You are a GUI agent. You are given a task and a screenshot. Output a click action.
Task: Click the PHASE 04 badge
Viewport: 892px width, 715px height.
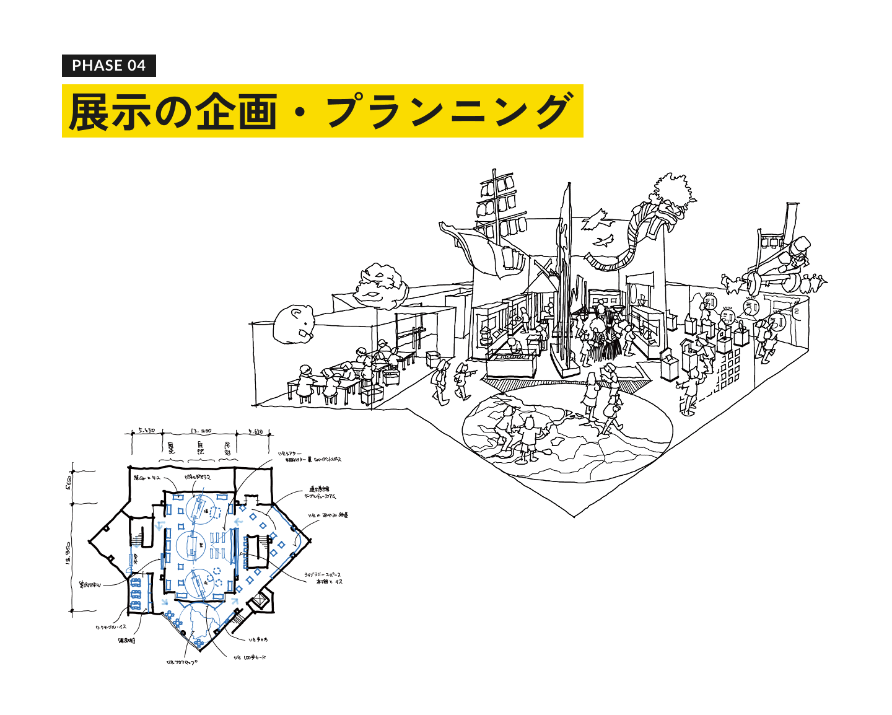point(108,66)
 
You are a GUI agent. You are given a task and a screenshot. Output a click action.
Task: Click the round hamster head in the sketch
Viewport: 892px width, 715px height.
point(295,323)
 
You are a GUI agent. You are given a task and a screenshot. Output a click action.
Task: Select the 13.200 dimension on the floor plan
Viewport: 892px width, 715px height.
point(201,431)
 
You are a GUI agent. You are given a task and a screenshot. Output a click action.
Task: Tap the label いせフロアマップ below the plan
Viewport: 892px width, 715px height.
point(181,662)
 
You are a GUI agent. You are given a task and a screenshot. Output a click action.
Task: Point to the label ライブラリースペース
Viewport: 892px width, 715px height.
point(323,575)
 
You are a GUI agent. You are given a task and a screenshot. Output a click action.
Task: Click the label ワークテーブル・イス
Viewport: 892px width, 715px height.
point(111,627)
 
